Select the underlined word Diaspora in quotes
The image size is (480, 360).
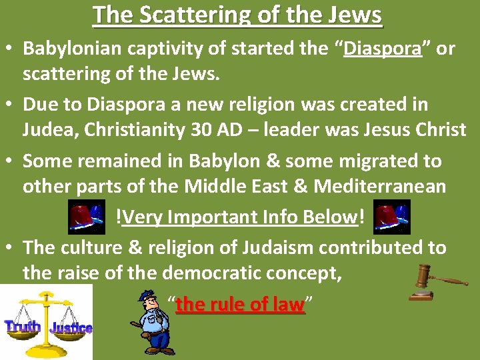383,49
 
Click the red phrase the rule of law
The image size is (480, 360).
239,305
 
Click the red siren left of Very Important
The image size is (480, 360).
86,216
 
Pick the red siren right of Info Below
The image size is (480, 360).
391,216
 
